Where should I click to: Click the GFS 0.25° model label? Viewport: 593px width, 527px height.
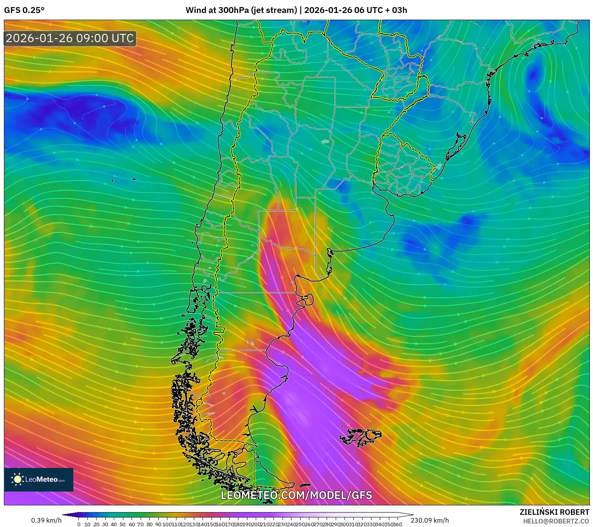[24, 10]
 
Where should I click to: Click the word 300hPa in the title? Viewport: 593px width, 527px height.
[234, 10]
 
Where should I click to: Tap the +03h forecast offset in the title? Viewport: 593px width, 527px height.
[399, 10]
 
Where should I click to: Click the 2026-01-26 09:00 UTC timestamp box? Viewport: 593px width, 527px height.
[70, 38]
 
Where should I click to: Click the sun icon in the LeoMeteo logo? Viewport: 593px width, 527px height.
[17, 479]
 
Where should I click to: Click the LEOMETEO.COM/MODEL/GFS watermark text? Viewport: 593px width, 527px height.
[296, 495]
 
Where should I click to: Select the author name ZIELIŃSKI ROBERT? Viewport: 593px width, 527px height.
[554, 512]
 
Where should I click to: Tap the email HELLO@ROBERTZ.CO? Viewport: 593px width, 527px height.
[556, 521]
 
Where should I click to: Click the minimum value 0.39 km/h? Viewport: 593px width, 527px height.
[46, 520]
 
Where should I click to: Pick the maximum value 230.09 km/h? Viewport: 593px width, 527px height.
[429, 520]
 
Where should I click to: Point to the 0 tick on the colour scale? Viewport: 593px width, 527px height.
[79, 524]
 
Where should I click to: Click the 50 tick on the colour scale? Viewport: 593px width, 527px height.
[123, 524]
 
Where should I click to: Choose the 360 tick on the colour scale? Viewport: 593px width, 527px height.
[397, 524]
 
